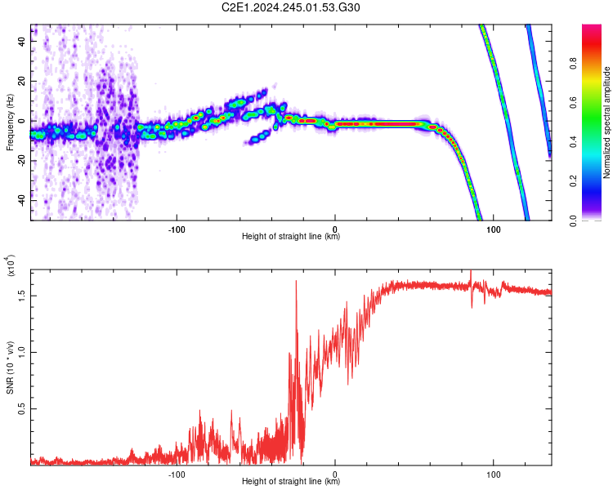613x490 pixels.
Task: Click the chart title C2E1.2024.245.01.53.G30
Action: coord(290,7)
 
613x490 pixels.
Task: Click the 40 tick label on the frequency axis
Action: coord(22,41)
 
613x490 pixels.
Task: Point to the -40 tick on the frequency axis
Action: coord(22,201)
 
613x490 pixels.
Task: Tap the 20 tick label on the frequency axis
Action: coord(22,81)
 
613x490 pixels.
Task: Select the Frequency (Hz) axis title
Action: coord(10,122)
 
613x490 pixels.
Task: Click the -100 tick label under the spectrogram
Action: coord(177,229)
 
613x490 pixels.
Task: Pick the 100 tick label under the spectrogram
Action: coord(494,229)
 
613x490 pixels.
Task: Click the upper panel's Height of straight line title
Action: coord(291,236)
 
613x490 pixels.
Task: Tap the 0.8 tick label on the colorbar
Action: coord(573,63)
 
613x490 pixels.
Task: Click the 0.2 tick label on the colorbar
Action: coord(573,181)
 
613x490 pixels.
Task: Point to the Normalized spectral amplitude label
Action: coord(606,122)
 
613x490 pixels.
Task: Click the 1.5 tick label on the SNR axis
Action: coord(22,296)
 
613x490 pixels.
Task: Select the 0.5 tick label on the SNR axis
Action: coord(22,408)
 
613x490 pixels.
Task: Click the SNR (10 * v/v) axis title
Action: coord(10,367)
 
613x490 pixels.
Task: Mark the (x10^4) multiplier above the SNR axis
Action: coord(11,265)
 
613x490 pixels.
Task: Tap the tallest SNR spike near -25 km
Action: coord(296,281)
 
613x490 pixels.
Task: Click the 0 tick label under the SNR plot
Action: coord(334,474)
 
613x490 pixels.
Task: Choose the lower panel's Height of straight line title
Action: coord(291,481)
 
